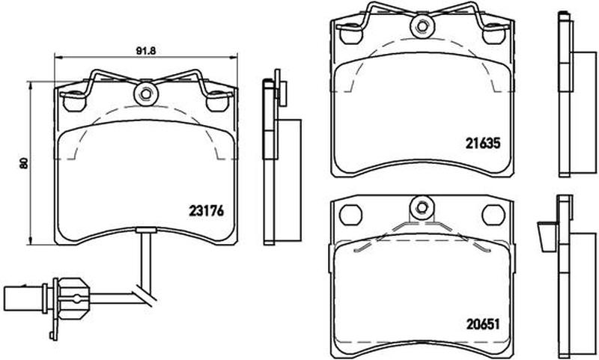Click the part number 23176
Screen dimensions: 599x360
(x=207, y=211)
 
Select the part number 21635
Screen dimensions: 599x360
(x=483, y=143)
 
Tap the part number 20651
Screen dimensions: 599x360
(x=483, y=325)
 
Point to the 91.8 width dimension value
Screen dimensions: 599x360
(x=146, y=51)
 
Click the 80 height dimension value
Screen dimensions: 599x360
(x=24, y=163)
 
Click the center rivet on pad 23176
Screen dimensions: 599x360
(x=145, y=94)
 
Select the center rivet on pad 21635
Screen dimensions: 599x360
(x=422, y=26)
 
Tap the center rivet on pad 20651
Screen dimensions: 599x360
(x=422, y=207)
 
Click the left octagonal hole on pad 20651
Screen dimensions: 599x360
(x=350, y=215)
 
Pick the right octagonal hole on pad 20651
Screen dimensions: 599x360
(x=493, y=215)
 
